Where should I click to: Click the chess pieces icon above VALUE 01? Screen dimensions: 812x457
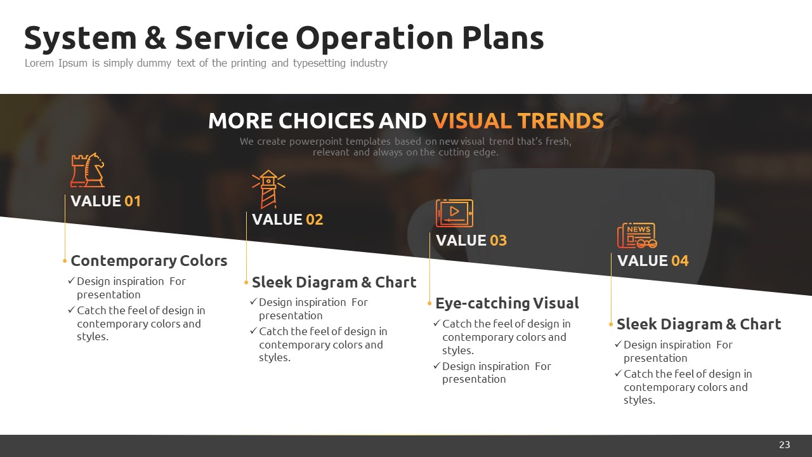click(x=88, y=170)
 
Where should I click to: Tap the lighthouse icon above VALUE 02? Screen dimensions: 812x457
click(x=268, y=189)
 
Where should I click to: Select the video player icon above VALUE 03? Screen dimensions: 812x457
click(x=455, y=213)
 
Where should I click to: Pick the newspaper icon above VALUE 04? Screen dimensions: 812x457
click(x=637, y=235)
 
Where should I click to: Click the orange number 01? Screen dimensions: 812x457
click(x=133, y=201)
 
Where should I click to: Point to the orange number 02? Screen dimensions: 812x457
click(x=314, y=220)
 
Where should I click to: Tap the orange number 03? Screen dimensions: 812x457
click(x=498, y=241)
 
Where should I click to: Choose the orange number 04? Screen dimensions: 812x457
click(x=679, y=261)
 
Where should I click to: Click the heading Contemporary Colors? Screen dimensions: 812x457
click(x=149, y=261)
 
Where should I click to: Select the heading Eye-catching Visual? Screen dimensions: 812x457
click(x=507, y=303)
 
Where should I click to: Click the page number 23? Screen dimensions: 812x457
click(x=785, y=445)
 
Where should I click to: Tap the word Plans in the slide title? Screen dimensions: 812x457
click(x=503, y=37)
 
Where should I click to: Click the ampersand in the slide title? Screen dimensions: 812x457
click(x=155, y=37)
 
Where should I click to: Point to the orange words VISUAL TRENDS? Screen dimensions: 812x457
click(x=518, y=121)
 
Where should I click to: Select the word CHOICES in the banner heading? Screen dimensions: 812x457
click(x=326, y=121)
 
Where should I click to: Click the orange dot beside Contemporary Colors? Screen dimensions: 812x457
click(x=65, y=261)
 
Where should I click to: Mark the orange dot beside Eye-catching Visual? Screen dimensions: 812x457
click(x=429, y=303)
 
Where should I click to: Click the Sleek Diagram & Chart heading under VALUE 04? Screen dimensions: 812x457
click(x=699, y=324)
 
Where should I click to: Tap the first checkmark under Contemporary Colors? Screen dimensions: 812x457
click(x=72, y=281)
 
